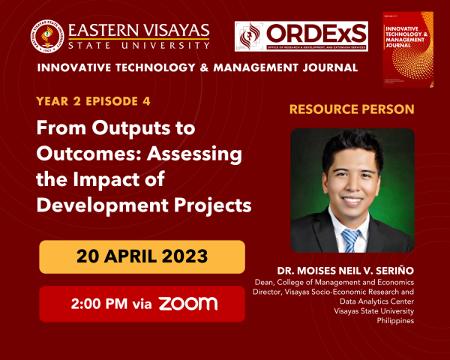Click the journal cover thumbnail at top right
[x=408, y=49]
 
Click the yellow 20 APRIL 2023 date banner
[x=142, y=256]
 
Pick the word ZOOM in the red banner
[x=187, y=304]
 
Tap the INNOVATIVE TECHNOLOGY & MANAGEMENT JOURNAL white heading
[x=197, y=68]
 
